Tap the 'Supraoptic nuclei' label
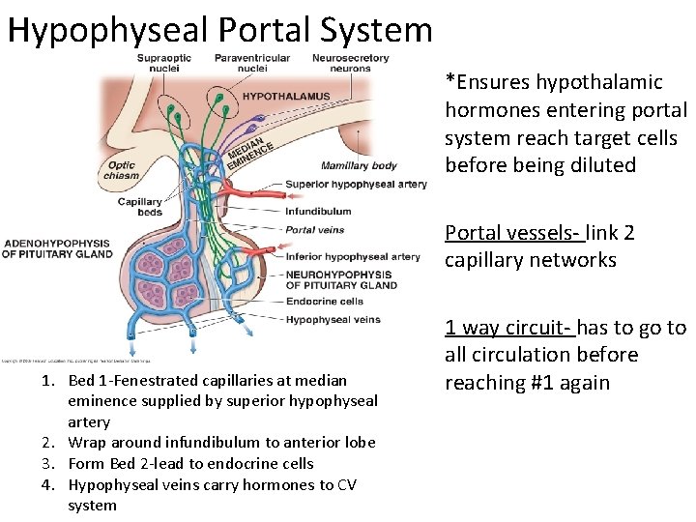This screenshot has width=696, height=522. click(163, 63)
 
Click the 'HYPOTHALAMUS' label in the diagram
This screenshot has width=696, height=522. click(285, 97)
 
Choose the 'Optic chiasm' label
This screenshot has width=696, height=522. click(123, 171)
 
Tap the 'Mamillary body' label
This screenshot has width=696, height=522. click(359, 165)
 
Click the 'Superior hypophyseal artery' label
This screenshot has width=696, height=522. click(356, 185)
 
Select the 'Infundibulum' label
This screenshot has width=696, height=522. click(318, 211)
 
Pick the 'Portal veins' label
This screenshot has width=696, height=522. click(314, 230)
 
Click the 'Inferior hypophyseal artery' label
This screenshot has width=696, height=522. click(353, 256)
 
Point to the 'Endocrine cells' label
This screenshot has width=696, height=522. click(324, 302)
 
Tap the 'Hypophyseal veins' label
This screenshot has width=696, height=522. click(333, 320)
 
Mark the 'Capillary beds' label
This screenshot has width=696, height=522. click(140, 207)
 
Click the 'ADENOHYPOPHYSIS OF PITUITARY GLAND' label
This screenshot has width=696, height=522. click(57, 248)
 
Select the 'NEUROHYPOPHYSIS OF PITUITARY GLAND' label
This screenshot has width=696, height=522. click(341, 279)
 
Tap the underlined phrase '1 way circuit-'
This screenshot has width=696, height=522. click(507, 328)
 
